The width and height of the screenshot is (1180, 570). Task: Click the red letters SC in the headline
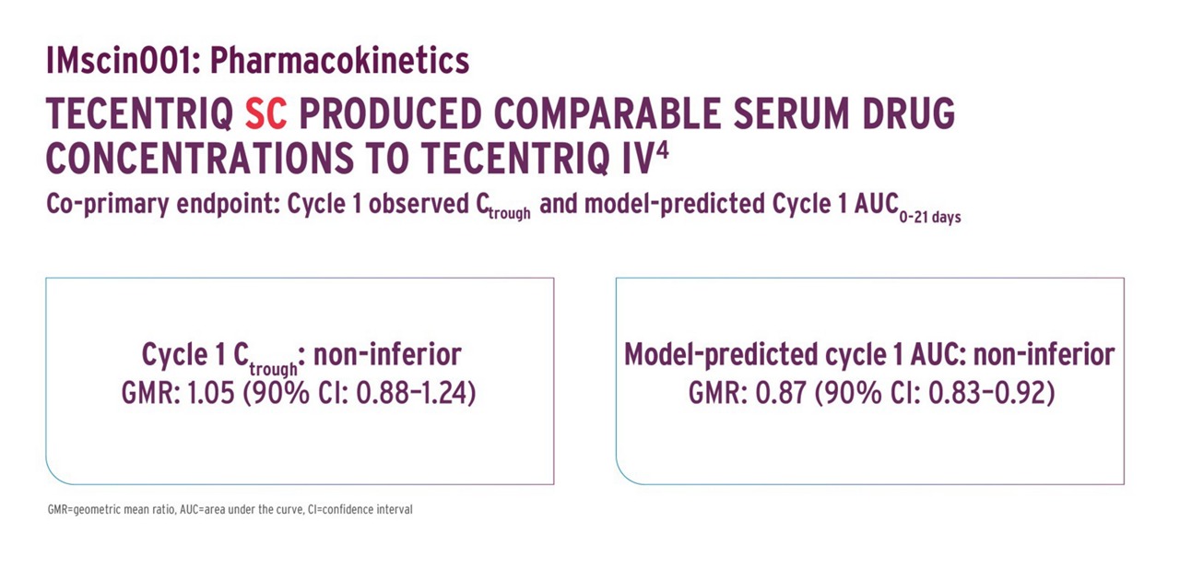[x=266, y=113]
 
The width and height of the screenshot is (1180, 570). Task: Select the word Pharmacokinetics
[x=340, y=61]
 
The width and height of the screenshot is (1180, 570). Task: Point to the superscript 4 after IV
[x=662, y=151]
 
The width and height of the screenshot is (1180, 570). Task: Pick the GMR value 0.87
[x=781, y=393]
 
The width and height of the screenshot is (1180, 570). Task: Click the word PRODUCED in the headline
[x=390, y=113]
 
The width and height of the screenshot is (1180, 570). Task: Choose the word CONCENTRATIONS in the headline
[x=200, y=158]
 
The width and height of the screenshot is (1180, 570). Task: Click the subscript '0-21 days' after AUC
[x=930, y=217]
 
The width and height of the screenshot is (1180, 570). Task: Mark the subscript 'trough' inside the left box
[x=274, y=369]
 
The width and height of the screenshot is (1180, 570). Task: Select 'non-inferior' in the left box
[x=388, y=354]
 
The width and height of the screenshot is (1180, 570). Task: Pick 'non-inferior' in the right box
[x=1044, y=354]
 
